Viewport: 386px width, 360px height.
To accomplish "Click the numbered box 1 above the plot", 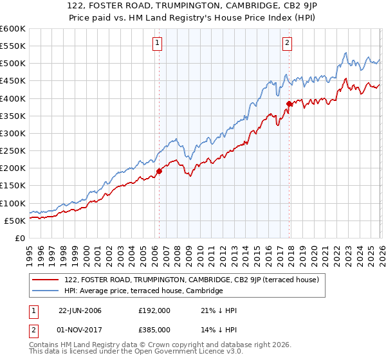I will tap(158, 44).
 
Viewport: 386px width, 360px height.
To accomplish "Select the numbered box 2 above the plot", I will tap(287, 44).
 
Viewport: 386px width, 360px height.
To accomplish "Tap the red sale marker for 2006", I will tap(159, 171).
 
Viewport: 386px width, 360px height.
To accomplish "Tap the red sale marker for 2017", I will tap(289, 104).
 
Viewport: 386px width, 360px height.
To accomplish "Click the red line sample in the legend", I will tap(46, 280).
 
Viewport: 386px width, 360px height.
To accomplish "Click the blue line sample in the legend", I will tap(46, 291).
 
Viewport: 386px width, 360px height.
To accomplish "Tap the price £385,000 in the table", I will tap(154, 329).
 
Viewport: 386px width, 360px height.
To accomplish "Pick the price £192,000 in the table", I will tap(154, 310).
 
